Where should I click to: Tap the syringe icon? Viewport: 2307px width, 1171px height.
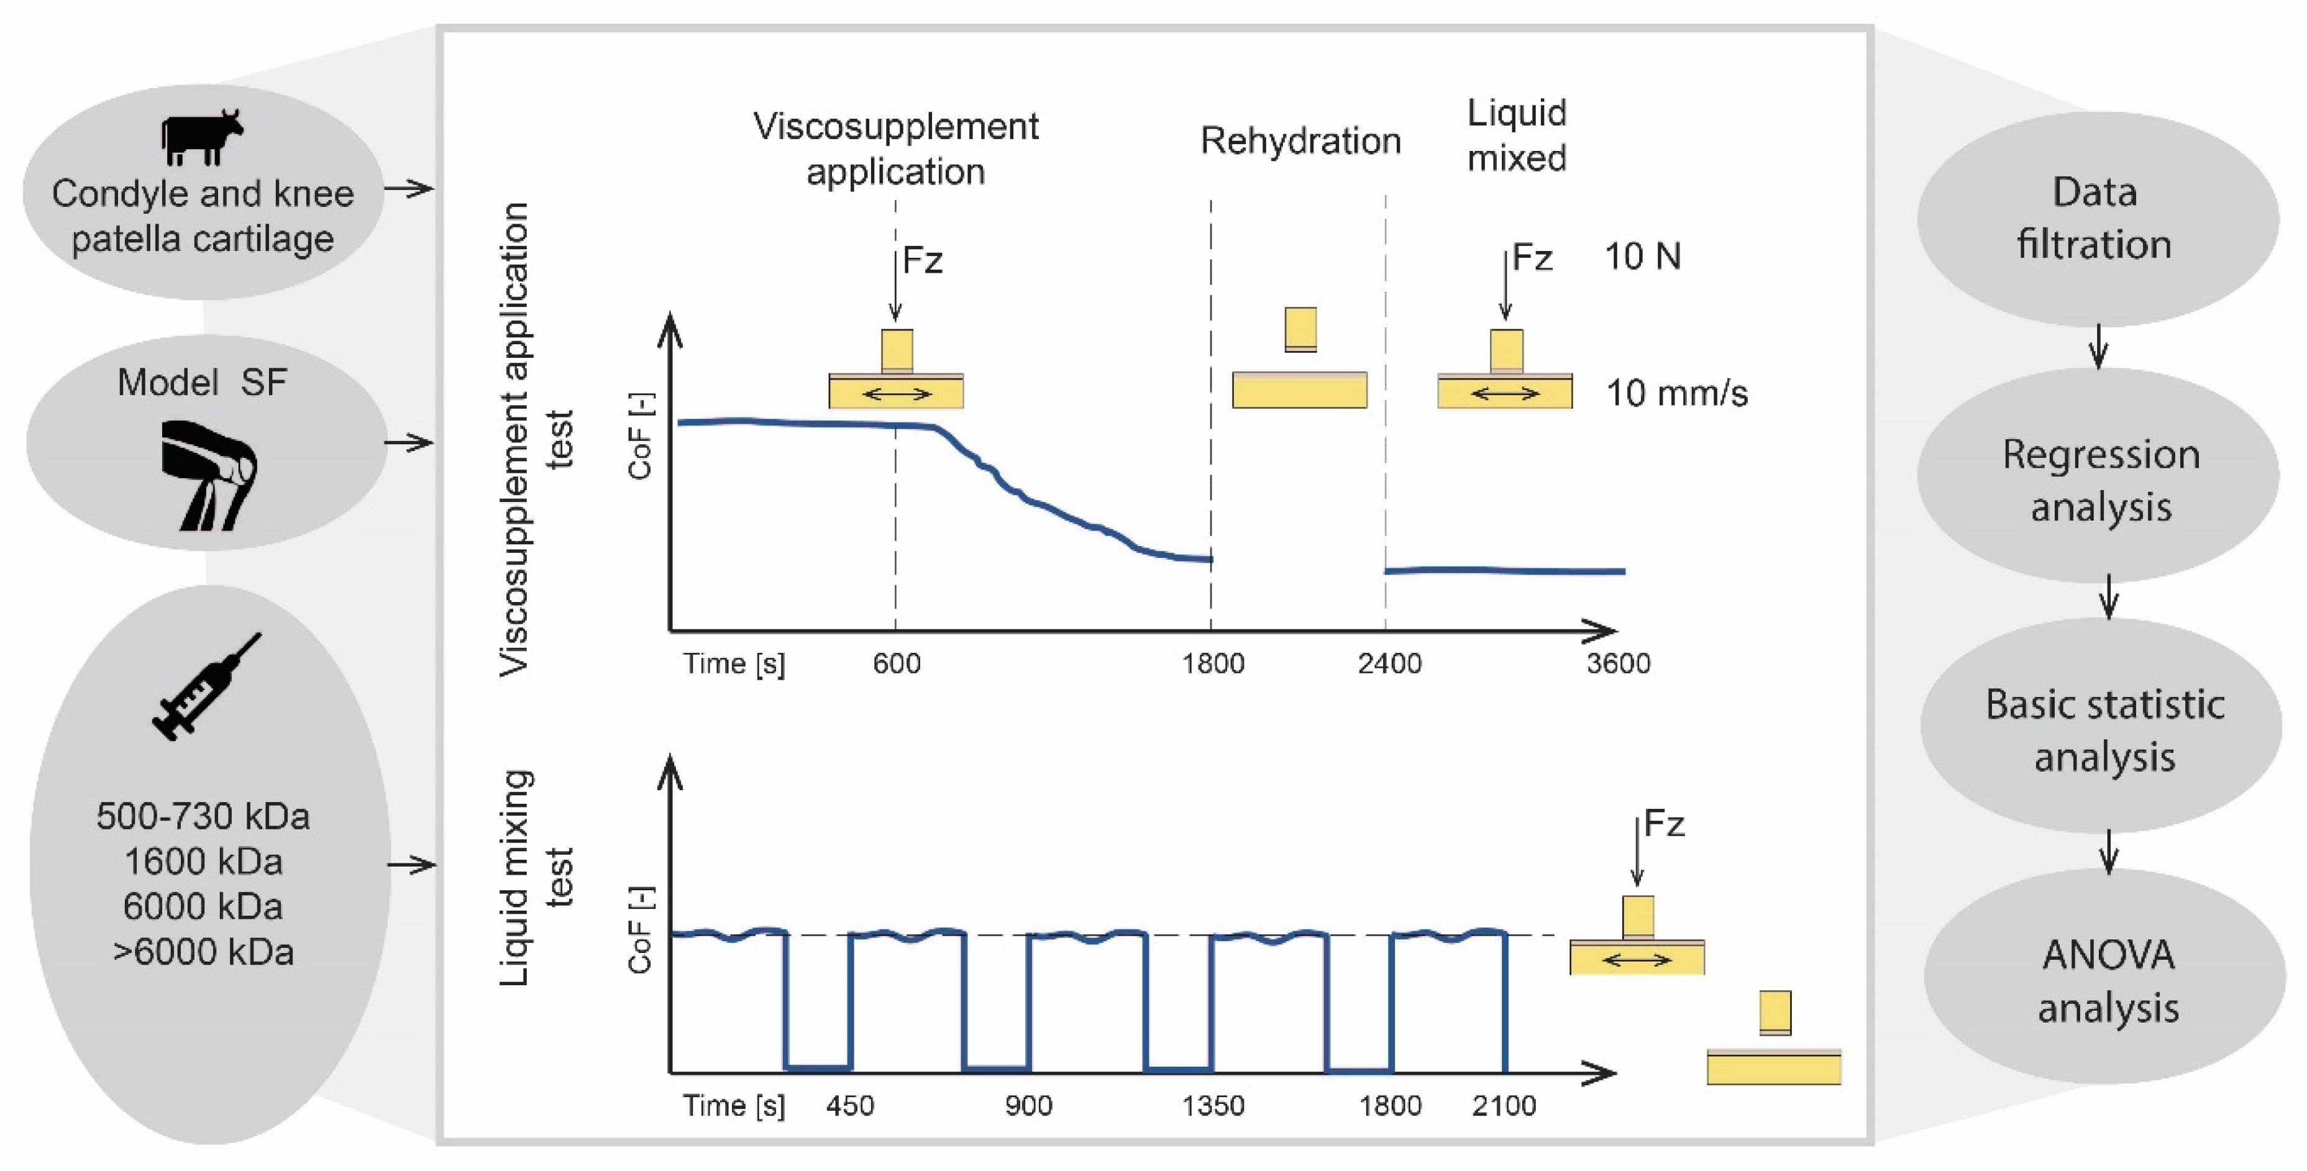point(207,686)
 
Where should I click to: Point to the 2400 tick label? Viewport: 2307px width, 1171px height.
point(1389,663)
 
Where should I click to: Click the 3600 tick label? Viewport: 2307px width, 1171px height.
point(1617,663)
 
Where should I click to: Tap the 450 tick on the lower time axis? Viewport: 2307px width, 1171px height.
point(850,1106)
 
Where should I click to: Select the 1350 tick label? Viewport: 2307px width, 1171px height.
point(1213,1106)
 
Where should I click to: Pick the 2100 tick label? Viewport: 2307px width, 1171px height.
point(1504,1106)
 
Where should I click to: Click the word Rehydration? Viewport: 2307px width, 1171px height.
point(1300,142)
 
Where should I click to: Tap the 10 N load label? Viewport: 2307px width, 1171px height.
point(1642,257)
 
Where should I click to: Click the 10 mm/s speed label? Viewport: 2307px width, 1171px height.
point(1676,393)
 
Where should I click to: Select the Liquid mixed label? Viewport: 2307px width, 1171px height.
point(1516,135)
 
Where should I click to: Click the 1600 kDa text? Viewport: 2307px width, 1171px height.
point(203,861)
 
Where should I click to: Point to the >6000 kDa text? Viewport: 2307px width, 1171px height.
point(203,952)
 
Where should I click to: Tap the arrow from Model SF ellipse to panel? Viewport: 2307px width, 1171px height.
point(409,442)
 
